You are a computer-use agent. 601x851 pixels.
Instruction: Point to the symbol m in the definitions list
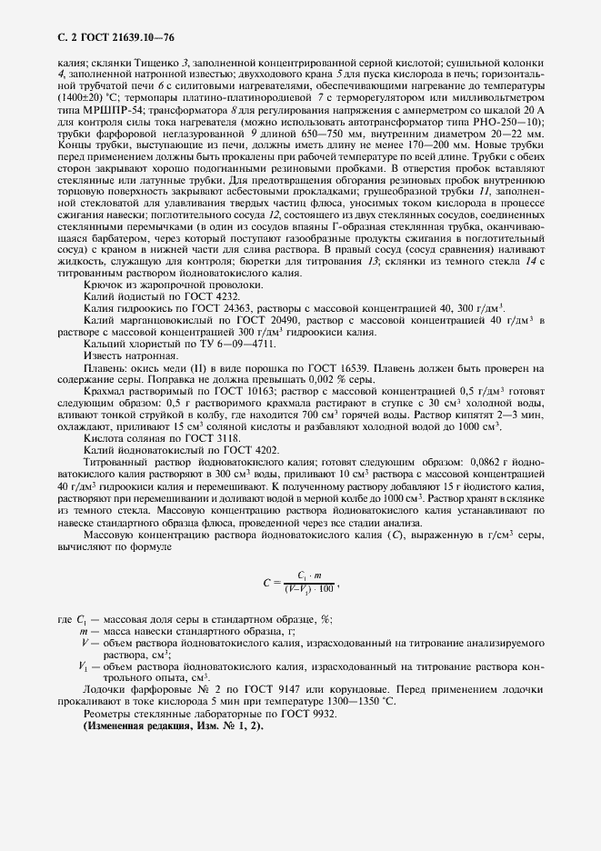pyautogui.click(x=84, y=629)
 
